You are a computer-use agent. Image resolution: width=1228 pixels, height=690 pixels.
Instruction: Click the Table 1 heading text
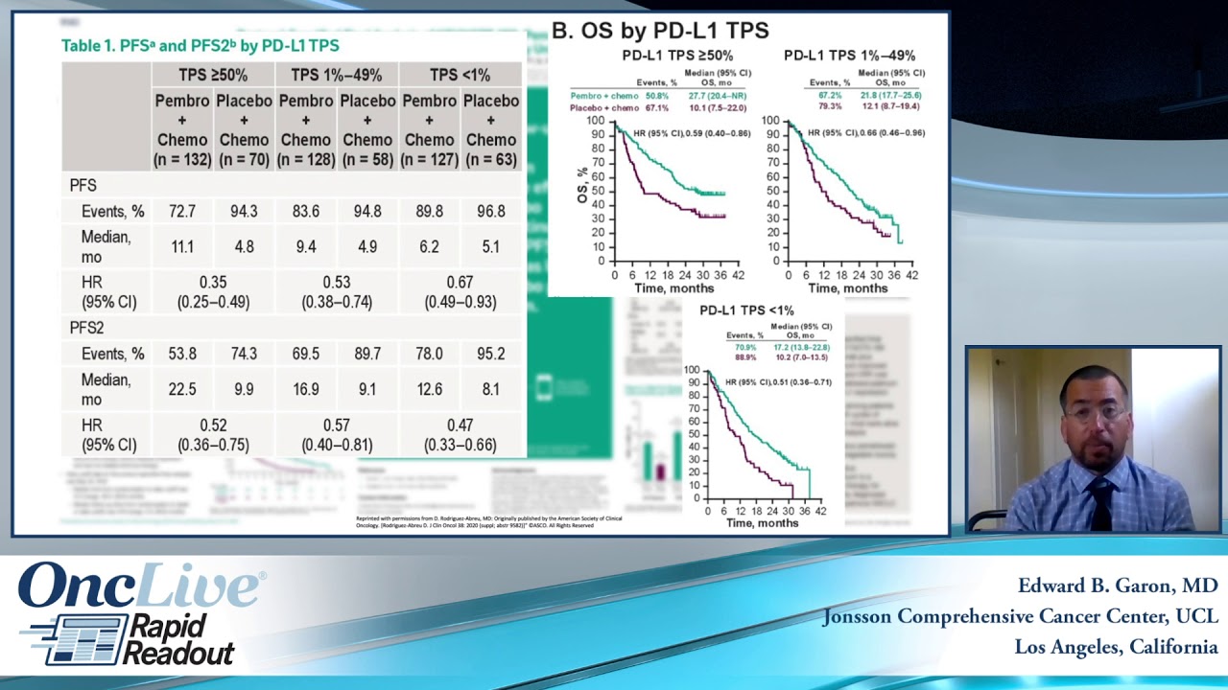pyautogui.click(x=200, y=46)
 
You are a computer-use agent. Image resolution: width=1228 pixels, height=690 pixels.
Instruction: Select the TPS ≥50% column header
pyautogui.click(x=213, y=75)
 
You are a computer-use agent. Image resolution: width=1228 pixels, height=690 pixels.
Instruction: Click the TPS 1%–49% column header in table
pyautogui.click(x=336, y=75)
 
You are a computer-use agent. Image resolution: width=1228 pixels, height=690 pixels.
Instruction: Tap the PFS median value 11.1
pyautogui.click(x=182, y=246)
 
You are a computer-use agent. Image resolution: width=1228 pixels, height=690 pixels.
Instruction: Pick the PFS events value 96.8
pyautogui.click(x=490, y=211)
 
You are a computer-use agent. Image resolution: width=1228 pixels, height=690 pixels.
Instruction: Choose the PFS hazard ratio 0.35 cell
pyautogui.click(x=213, y=292)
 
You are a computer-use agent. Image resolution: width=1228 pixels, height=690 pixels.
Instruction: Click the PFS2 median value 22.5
pyautogui.click(x=182, y=389)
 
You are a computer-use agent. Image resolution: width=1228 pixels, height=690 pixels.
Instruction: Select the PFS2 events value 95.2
pyautogui.click(x=490, y=354)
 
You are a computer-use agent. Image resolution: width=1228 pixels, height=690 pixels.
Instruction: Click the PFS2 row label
pyautogui.click(x=86, y=328)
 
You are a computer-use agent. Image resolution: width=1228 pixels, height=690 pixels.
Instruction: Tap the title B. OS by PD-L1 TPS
pyautogui.click(x=660, y=31)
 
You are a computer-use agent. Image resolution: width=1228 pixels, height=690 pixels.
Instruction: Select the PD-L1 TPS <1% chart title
pyautogui.click(x=746, y=310)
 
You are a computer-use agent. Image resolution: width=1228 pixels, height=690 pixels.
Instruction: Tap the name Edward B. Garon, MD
pyautogui.click(x=1118, y=586)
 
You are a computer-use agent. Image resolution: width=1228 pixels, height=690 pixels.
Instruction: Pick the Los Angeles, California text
pyautogui.click(x=1116, y=647)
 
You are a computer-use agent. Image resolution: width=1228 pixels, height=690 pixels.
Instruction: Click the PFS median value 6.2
pyautogui.click(x=429, y=246)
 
